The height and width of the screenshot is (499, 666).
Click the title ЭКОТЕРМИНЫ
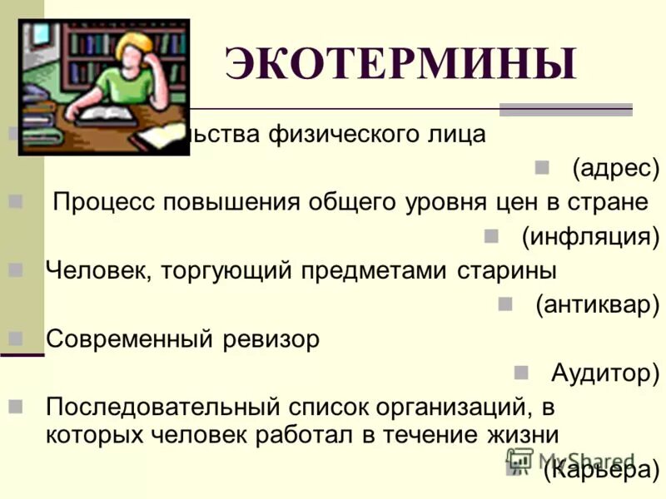click(x=400, y=64)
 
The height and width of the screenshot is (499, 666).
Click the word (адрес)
click(x=614, y=170)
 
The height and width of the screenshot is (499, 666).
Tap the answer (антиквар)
click(x=597, y=305)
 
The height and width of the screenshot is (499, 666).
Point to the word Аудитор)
click(x=604, y=373)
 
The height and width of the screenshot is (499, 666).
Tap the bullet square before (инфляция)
click(x=490, y=235)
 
